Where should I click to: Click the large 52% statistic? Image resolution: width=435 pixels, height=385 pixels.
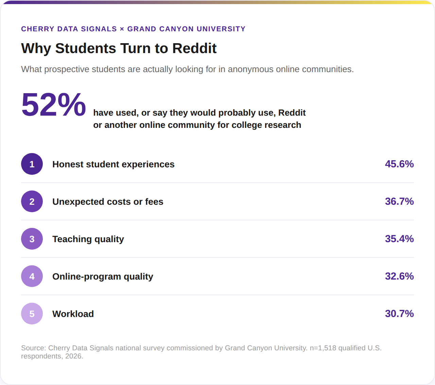pos(53,105)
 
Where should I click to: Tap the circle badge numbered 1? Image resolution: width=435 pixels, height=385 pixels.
pos(32,164)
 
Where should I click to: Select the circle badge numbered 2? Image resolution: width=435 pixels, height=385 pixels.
pos(32,201)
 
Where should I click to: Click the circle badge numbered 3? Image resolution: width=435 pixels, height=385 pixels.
pos(32,239)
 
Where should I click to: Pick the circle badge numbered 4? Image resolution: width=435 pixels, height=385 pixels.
pos(32,276)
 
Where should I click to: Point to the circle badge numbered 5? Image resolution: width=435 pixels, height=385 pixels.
pos(32,314)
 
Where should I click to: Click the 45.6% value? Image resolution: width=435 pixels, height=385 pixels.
pos(399,164)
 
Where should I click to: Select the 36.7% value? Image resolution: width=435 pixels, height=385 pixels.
pos(399,201)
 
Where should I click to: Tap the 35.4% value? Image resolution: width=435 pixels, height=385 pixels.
pos(399,239)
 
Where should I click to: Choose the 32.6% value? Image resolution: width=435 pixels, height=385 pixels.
pos(399,276)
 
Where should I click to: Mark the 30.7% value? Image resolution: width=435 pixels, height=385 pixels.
pos(399,314)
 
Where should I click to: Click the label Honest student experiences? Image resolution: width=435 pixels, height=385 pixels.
pos(114,164)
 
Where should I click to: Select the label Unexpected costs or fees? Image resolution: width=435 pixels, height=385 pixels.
pos(108,202)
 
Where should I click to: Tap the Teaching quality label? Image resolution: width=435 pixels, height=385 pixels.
pos(88,239)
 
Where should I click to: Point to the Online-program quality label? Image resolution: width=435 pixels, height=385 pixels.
pos(103,277)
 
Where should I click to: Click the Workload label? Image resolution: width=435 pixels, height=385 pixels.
pos(73,314)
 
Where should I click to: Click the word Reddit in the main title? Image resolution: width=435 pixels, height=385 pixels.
pos(194,48)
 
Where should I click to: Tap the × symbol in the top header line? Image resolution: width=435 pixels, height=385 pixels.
pos(122,29)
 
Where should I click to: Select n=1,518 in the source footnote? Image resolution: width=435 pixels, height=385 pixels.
pos(323,348)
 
